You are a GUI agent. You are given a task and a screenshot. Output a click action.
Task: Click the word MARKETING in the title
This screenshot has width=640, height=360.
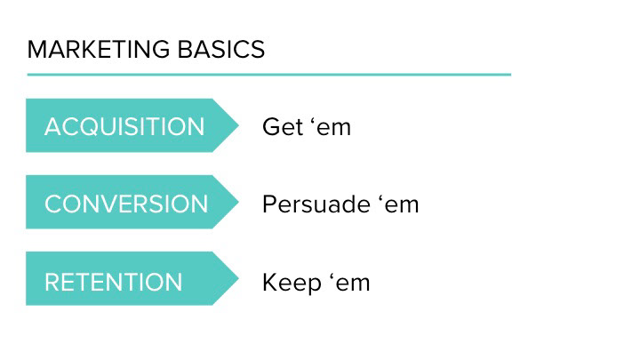pyautogui.click(x=99, y=50)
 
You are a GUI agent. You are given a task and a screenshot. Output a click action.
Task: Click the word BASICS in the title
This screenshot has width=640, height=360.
pyautogui.click(x=221, y=50)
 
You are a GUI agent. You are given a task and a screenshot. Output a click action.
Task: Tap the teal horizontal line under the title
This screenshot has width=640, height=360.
pyautogui.click(x=269, y=75)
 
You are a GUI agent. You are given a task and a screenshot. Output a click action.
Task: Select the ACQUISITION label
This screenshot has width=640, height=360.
pyautogui.click(x=124, y=126)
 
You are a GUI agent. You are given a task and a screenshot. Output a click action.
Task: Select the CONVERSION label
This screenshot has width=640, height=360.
pyautogui.click(x=126, y=204)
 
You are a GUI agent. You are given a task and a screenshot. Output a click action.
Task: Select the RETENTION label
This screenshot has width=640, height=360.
pyautogui.click(x=114, y=282)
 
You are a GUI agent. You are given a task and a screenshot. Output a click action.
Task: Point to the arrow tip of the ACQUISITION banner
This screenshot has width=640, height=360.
pyautogui.click(x=238, y=125)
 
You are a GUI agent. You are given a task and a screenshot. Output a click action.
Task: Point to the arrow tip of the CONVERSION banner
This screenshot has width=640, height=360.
pyautogui.click(x=238, y=202)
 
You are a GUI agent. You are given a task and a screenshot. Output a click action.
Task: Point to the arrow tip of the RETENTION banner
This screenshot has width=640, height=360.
pyautogui.click(x=238, y=278)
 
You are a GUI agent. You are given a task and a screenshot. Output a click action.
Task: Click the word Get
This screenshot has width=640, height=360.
pyautogui.click(x=283, y=126)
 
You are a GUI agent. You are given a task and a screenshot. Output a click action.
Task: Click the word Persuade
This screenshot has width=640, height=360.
pyautogui.click(x=316, y=204)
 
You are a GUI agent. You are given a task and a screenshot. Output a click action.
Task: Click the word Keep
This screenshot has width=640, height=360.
pyautogui.click(x=292, y=284)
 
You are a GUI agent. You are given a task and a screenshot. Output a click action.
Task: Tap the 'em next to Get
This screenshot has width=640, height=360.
pyautogui.click(x=331, y=126)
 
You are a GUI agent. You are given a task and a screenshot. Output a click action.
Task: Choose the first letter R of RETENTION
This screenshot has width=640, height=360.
pyautogui.click(x=52, y=282)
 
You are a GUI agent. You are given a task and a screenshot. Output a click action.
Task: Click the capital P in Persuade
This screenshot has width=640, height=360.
pyautogui.click(x=269, y=204)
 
